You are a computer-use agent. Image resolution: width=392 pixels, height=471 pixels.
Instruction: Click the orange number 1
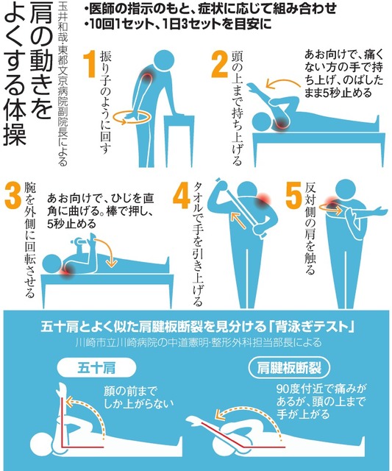(90, 65)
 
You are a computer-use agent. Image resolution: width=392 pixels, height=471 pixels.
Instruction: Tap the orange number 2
(221, 64)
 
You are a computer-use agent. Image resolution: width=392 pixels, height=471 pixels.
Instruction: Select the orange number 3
(13, 196)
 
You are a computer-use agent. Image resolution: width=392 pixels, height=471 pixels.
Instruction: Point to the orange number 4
(182, 196)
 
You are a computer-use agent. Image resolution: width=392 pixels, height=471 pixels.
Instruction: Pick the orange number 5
(293, 196)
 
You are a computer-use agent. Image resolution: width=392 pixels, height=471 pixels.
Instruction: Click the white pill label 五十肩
(96, 368)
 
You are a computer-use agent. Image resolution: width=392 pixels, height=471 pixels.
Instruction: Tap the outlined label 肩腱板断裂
(289, 368)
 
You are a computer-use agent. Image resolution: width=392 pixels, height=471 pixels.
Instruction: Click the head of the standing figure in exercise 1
(164, 60)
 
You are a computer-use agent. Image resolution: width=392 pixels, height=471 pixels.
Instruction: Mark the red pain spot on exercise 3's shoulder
(67, 270)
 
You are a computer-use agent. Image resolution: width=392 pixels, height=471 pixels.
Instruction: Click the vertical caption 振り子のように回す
(106, 102)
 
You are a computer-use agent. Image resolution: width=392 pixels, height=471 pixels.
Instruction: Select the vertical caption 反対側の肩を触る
(310, 228)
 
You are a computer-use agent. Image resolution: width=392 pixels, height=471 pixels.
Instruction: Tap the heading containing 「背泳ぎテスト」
(197, 327)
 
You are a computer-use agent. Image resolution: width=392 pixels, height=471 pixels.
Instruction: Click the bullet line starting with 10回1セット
(178, 24)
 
